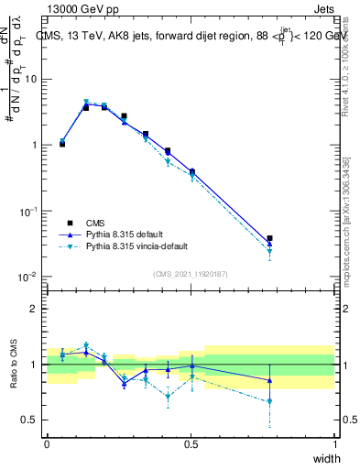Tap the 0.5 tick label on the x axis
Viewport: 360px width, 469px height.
pos(191,443)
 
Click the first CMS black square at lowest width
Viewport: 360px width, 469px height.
pos(62,144)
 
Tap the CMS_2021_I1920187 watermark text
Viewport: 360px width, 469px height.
pos(191,273)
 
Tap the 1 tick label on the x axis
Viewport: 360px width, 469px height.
pos(335,443)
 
